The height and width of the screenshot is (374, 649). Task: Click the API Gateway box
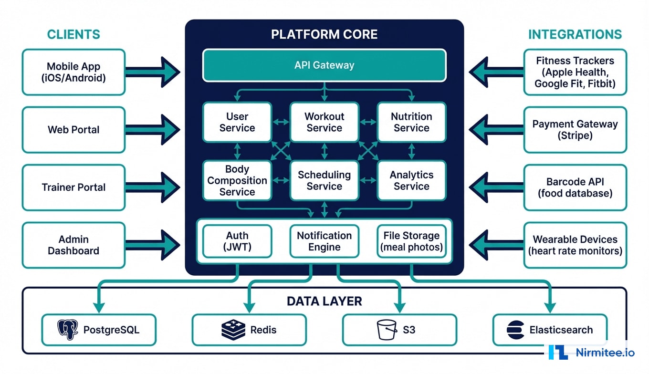tap(324, 65)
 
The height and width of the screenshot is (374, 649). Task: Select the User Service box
tap(237, 122)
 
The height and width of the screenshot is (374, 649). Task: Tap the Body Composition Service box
tap(237, 180)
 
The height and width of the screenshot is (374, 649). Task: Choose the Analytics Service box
tap(411, 180)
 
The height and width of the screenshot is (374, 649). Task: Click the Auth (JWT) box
tap(237, 241)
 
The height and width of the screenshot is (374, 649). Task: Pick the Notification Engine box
tap(324, 241)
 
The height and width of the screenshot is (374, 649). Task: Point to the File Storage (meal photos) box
tap(411, 241)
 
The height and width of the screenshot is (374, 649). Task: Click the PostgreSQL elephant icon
tap(68, 330)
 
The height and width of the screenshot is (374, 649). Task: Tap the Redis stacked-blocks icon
tap(233, 330)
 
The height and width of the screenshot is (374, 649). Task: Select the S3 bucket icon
tap(387, 330)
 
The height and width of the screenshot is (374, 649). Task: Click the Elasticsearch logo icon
tap(515, 330)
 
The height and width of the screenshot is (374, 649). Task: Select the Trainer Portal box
tap(73, 187)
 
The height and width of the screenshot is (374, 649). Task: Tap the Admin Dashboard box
tap(73, 245)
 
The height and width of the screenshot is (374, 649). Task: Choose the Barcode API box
tap(575, 187)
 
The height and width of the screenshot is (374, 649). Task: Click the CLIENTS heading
tap(73, 34)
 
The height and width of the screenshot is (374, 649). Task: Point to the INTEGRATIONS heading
tap(575, 34)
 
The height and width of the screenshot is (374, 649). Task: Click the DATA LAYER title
tap(324, 301)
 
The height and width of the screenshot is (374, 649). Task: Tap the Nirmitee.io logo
tap(592, 353)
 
